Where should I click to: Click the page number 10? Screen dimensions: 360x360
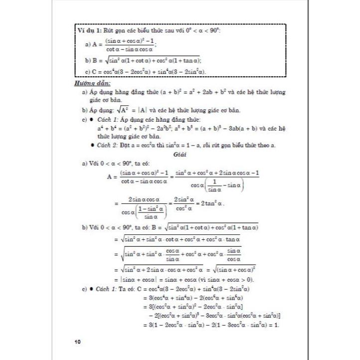(77, 342)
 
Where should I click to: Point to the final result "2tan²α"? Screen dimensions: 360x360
(209, 204)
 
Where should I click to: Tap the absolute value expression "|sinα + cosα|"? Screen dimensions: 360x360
(136, 279)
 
